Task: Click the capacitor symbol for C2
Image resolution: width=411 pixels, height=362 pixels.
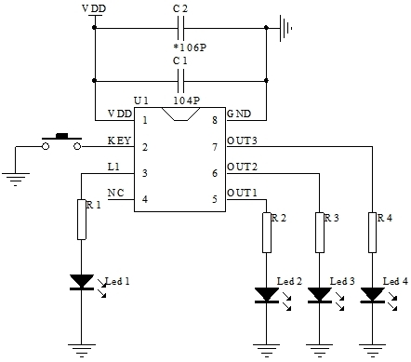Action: tap(180, 28)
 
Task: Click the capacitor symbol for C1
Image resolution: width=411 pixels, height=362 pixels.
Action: tap(180, 78)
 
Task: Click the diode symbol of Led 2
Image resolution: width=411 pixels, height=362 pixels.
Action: tap(267, 295)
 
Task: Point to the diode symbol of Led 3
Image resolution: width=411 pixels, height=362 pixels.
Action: tap(321, 295)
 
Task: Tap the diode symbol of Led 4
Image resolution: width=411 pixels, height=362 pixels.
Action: tap(374, 295)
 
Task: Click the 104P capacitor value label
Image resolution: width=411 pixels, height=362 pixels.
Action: tap(188, 98)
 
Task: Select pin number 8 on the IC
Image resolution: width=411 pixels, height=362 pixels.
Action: tap(214, 120)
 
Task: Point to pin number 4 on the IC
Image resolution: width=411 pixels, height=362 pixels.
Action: tap(144, 197)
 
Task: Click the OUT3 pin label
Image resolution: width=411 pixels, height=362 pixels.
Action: tap(242, 141)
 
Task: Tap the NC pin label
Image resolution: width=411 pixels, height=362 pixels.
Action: tap(115, 193)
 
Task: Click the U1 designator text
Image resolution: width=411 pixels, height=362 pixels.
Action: tap(141, 100)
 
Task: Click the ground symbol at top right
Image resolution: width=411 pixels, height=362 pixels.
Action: tap(286, 28)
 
